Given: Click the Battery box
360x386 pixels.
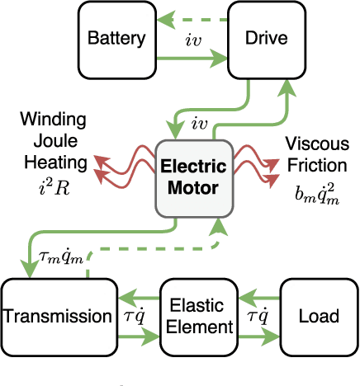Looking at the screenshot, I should pos(116,38).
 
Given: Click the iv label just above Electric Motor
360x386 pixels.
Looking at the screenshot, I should pos(200,125).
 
